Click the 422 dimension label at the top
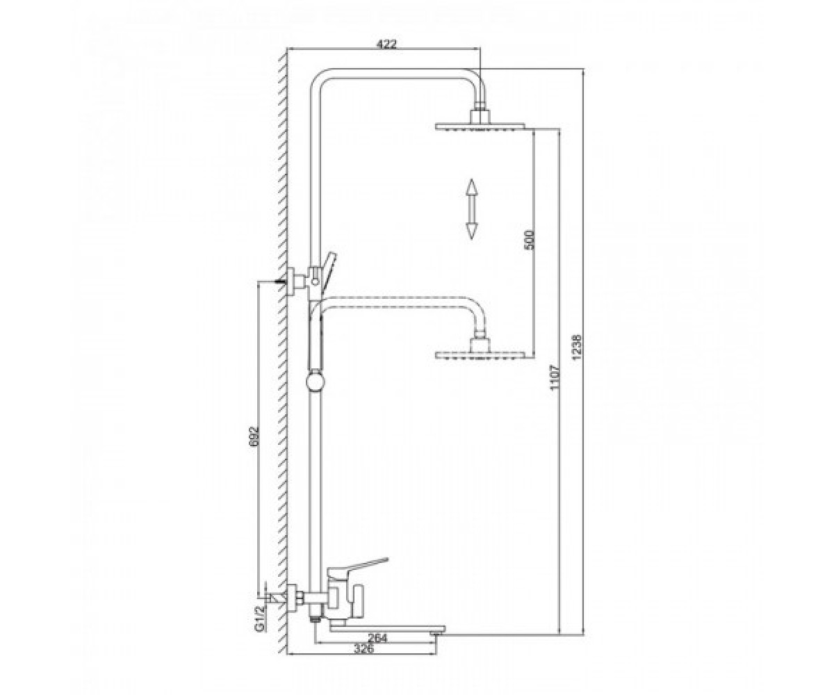point(386,44)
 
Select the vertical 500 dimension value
point(529,239)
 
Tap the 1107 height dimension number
point(555,377)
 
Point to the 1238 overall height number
point(577,347)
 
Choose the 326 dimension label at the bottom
point(364,649)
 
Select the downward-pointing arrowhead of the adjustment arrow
point(472,231)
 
